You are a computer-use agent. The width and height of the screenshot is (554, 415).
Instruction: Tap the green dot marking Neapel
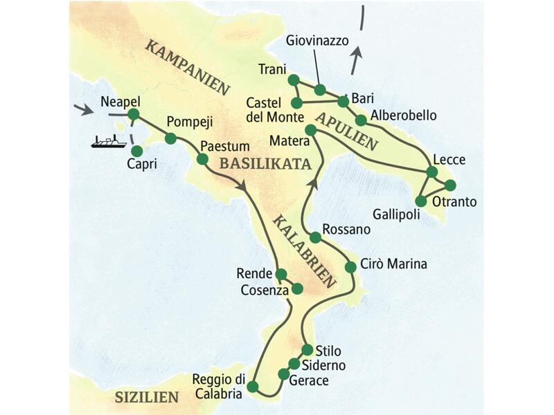pos(134,114)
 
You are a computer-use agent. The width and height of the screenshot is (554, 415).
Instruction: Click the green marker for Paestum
pos(202,159)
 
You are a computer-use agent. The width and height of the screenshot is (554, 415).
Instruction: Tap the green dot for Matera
pos(311,130)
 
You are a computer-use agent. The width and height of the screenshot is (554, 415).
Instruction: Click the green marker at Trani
pos(293,80)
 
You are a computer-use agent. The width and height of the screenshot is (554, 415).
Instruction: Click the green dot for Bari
pos(343,102)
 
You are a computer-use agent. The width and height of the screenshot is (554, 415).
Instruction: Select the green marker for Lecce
pos(432,172)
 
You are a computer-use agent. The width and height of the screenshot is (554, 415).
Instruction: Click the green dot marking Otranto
pos(451,185)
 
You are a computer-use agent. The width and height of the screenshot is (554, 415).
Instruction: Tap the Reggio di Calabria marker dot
pos(253,386)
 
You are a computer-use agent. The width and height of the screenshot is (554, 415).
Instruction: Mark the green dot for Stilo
pos(307,349)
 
